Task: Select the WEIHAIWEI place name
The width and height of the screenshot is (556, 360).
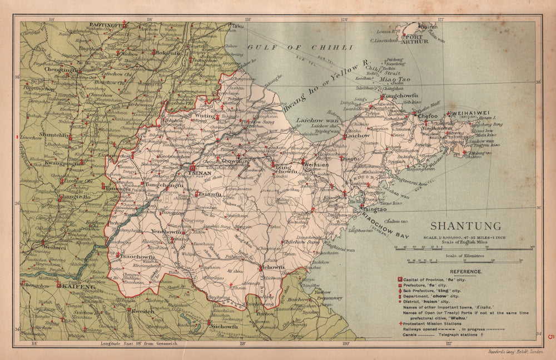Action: [471, 113]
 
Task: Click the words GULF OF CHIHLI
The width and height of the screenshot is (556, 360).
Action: [300, 47]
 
